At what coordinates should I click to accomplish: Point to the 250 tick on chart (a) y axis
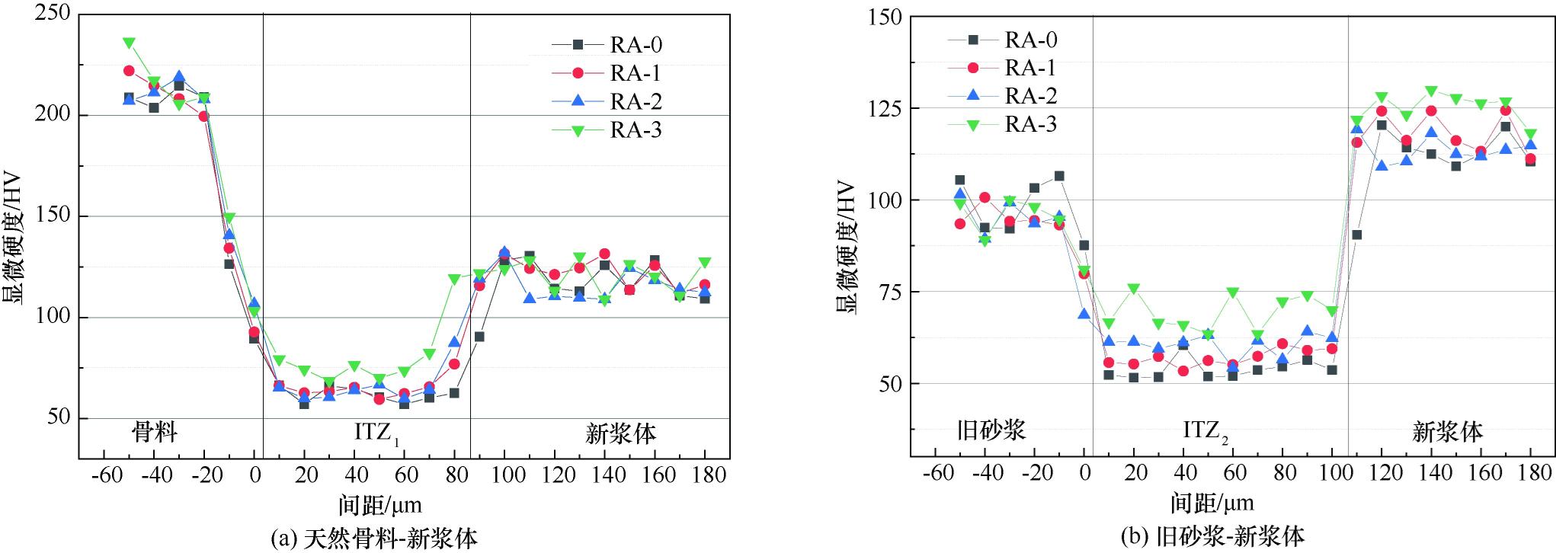(53, 14)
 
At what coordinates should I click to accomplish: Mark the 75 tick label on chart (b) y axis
(889, 292)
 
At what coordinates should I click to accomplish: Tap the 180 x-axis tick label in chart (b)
(1530, 473)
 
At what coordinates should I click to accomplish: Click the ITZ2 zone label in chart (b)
(1205, 431)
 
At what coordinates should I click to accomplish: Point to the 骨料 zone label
(155, 433)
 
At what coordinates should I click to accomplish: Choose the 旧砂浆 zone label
(991, 430)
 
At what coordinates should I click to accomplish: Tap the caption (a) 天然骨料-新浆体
(375, 539)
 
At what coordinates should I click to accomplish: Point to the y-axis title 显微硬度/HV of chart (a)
(15, 239)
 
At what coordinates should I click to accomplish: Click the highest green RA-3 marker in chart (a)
(129, 43)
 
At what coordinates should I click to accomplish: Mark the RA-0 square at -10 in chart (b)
(1058, 176)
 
